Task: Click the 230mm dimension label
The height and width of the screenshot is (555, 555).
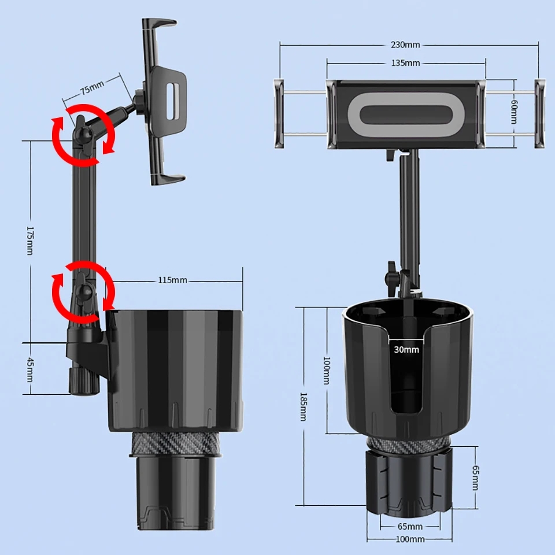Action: (405, 45)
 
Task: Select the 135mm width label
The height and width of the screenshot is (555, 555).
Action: (406, 63)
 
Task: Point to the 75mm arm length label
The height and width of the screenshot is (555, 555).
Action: (92, 87)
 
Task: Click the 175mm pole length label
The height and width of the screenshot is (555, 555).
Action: (30, 240)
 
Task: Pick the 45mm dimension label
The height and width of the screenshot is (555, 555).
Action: (30, 369)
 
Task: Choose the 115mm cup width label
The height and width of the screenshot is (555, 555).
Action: (172, 280)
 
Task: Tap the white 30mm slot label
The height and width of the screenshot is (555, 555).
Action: (406, 349)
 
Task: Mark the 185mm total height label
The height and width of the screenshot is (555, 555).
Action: (304, 406)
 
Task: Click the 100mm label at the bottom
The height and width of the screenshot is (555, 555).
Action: (410, 539)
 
